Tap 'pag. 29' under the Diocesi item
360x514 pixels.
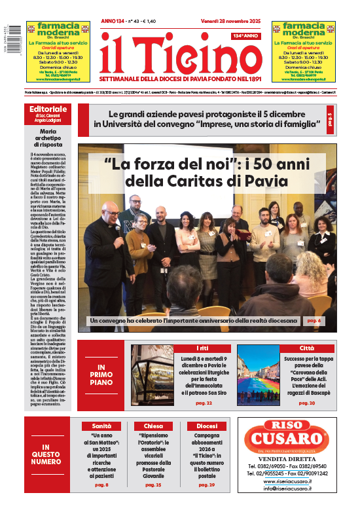click(x=206, y=485)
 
